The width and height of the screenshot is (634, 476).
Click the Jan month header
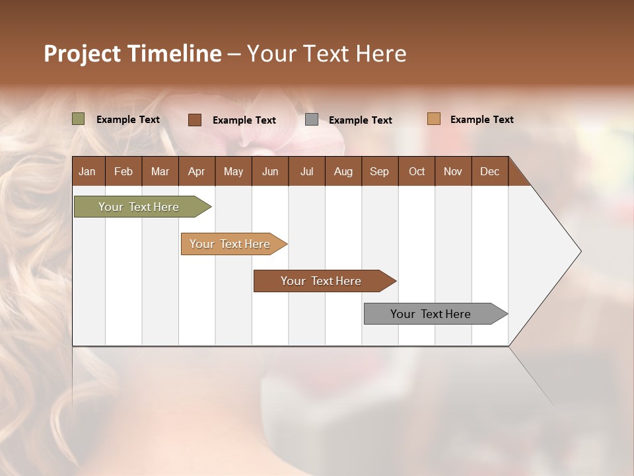87,171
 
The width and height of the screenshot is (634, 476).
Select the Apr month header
196,171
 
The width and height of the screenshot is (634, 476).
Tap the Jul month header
306,171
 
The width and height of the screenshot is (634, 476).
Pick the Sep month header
379,171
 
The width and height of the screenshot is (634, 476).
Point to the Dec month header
489,171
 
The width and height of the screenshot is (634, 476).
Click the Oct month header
417,171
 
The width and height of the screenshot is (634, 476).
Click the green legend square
79,119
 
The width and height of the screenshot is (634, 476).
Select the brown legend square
195,120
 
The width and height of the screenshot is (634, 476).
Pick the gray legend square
312,120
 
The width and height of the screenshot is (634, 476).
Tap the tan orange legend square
434,119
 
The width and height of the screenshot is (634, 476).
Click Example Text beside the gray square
360,120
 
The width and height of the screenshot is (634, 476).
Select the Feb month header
123,171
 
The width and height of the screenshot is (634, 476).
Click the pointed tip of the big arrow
579,251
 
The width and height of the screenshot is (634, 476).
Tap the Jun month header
270,171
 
